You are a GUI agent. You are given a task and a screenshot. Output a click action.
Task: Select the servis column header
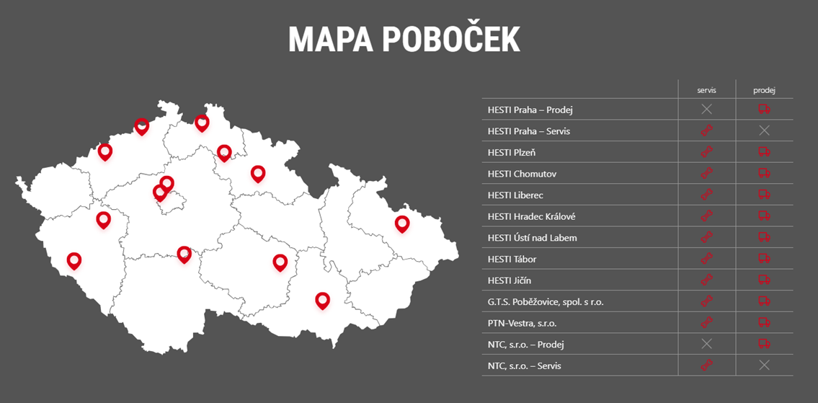point(706,90)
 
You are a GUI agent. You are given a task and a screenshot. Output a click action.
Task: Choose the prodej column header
point(764,90)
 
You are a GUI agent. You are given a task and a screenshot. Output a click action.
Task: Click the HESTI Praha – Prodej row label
point(530,110)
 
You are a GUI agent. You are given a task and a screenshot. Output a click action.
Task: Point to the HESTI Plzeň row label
point(511,152)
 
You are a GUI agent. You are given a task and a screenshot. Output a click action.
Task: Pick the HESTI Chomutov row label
point(522,174)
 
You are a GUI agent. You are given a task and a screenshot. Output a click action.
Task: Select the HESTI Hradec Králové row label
point(531,216)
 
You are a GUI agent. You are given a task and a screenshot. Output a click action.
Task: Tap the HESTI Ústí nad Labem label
point(532,238)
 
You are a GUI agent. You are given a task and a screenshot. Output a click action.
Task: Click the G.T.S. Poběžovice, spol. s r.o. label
point(545,302)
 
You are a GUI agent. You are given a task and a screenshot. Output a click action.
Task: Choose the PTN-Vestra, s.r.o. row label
point(522,323)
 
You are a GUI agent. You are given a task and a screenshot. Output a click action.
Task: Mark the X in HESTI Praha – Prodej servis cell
point(706,109)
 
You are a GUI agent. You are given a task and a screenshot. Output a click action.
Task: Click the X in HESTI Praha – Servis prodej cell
point(764,130)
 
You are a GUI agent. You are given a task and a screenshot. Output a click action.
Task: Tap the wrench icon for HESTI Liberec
point(706,195)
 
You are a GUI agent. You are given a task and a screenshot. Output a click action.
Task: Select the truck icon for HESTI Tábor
point(764,259)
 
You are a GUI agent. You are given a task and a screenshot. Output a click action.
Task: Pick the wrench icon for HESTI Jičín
point(706,280)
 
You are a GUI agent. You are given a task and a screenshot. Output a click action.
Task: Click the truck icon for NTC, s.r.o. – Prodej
point(764,344)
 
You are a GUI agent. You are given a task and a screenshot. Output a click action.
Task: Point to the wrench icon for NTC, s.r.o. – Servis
point(706,366)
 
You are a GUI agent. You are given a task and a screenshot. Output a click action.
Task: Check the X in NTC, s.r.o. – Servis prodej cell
point(764,366)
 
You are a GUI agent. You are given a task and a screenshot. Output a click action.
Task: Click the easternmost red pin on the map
point(402,223)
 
